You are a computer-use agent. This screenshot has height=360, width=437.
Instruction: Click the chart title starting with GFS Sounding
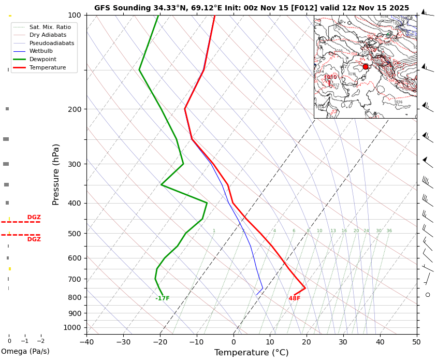251,8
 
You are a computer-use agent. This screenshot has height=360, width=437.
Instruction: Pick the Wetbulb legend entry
40,51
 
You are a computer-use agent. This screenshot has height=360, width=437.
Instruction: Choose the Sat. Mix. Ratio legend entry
50,27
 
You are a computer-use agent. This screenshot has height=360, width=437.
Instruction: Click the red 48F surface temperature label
295,299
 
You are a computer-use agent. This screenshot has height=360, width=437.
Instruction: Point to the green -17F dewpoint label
163,299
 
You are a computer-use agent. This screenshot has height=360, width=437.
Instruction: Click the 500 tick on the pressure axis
74,234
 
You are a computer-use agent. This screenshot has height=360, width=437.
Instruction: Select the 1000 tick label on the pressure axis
72,327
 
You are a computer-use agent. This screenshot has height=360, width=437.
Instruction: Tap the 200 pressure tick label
74,109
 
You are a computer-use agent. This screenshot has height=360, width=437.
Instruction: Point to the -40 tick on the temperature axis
86,342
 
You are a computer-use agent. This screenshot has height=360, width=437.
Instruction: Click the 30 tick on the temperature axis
343,342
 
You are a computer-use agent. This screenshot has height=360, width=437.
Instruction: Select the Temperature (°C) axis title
251,353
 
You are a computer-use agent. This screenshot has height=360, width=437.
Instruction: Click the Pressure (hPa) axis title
56,174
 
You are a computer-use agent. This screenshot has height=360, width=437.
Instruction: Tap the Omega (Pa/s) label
25,352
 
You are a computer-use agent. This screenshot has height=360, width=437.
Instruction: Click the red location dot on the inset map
366,67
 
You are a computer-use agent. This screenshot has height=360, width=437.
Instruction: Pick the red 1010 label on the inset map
330,78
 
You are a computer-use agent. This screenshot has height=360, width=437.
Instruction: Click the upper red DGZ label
34,218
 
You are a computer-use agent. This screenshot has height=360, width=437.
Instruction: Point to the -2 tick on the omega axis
40,341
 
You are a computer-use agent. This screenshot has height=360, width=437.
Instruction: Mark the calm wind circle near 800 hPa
428,295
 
